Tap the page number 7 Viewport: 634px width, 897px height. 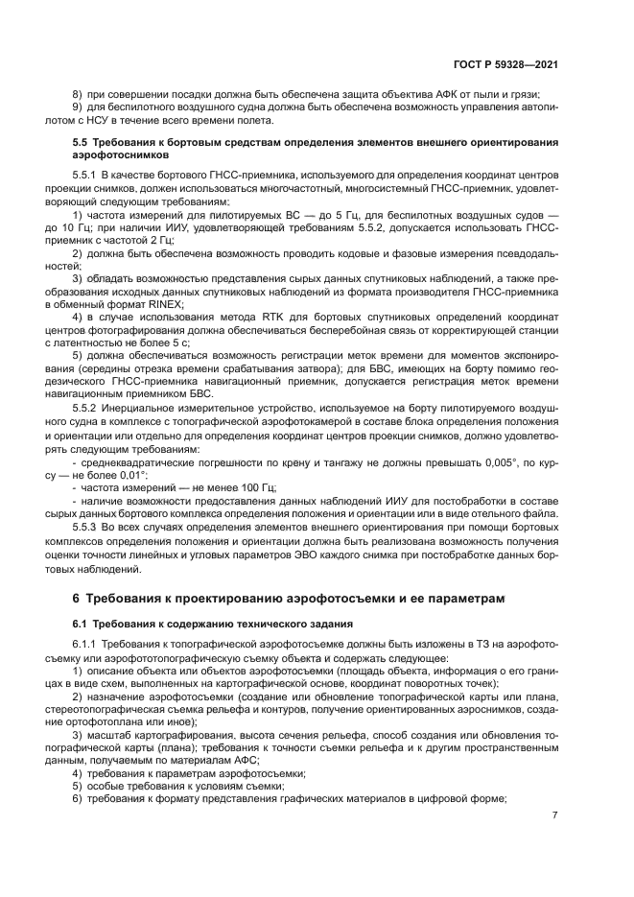(x=555, y=815)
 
